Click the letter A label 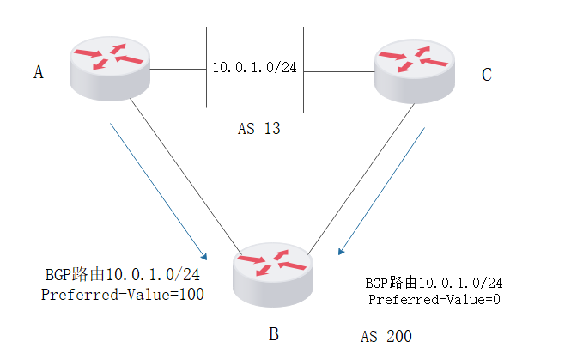38,73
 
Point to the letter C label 486,76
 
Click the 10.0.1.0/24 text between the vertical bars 253,67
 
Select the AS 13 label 259,130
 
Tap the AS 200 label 386,336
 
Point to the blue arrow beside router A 159,192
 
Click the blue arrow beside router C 383,192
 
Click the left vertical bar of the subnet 206,67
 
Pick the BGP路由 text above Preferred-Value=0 434,282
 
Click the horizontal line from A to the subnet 178,67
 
